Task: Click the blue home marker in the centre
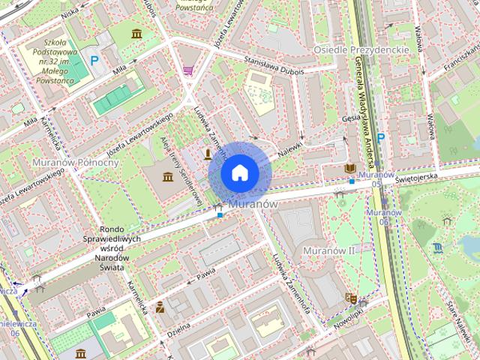pos(238,172)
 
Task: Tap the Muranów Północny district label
pos(71,162)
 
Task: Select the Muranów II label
pos(328,250)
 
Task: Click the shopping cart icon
pos(187,70)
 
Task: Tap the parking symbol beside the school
pos(94,60)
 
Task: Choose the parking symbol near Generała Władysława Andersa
pos(381,137)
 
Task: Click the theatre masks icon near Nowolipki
pos(349,298)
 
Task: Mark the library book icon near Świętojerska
pos(350,169)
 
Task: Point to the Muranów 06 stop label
pos(384,217)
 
